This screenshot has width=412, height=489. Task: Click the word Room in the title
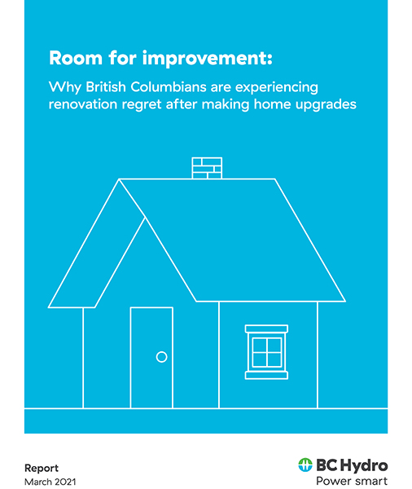[x=76, y=58]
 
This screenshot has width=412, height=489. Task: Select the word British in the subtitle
[x=106, y=87]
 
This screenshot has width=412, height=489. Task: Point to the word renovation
[x=82, y=104]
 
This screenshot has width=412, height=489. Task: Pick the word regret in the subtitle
[x=142, y=105]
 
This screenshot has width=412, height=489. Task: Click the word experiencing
[x=277, y=88]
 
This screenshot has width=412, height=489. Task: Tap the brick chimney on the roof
[x=207, y=168]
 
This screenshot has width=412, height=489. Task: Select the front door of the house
[x=151, y=358]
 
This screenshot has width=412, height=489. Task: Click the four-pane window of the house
[x=267, y=352]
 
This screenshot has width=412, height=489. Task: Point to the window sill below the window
[x=266, y=375]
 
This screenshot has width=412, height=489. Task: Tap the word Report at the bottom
[x=42, y=469]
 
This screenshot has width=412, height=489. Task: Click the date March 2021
[x=50, y=482]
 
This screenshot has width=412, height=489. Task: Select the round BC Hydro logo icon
[x=305, y=465]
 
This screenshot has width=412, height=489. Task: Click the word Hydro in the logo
[x=364, y=466]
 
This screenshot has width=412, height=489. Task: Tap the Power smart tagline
[x=352, y=481]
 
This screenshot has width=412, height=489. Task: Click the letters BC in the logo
[x=327, y=465]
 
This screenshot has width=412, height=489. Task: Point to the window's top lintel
[x=266, y=328]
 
